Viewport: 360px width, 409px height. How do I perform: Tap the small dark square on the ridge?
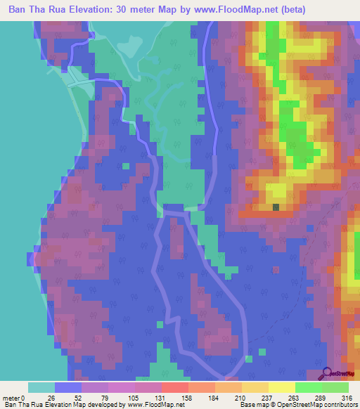click(276, 207)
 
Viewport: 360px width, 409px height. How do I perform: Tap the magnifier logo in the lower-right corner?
click(328, 375)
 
